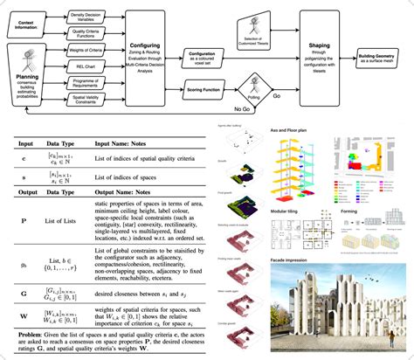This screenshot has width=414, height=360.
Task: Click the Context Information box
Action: click(x=30, y=21)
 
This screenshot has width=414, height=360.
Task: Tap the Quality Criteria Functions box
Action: click(x=93, y=34)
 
